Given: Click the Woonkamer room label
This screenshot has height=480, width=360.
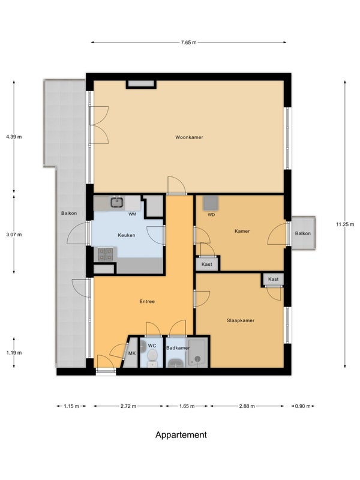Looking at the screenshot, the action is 189,137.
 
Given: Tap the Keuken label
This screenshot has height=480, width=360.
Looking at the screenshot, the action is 127,235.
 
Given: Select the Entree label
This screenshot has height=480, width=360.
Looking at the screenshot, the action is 147,301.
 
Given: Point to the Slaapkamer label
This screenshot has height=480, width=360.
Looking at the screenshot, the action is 241,320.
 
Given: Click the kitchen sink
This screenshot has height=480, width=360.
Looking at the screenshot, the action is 117,202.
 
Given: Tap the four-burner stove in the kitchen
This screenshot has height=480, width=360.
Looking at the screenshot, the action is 106,254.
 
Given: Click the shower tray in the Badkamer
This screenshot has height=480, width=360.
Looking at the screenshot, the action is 197,353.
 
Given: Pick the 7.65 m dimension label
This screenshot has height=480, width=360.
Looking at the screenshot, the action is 188,42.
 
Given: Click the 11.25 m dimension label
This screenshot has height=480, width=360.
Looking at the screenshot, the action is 345,224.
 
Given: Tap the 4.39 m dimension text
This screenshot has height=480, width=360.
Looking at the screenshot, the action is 14,137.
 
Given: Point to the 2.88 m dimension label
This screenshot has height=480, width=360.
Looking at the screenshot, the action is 247,406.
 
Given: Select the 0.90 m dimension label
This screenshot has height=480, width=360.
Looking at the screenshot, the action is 303,406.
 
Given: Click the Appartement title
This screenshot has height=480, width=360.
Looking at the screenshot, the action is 181,434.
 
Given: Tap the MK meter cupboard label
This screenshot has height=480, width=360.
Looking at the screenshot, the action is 132,353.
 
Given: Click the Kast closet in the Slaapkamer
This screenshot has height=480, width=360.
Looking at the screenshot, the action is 273,279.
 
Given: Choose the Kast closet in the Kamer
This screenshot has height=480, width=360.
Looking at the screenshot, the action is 206,264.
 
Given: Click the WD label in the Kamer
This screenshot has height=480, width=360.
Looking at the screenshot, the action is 211,215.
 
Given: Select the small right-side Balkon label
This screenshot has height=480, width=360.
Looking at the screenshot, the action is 303,233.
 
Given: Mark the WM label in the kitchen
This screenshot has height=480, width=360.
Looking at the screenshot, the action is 132,214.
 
